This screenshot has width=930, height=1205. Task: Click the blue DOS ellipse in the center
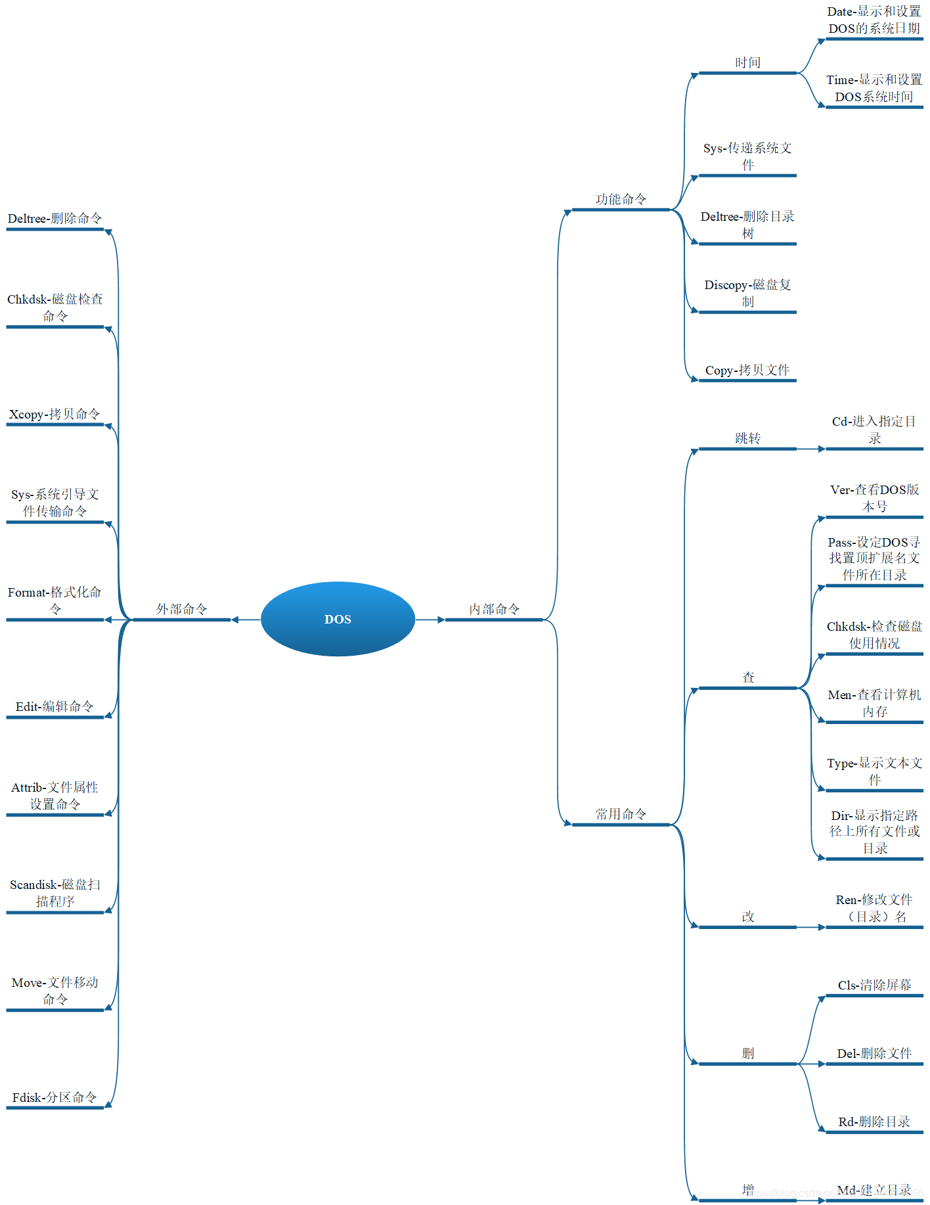click(x=338, y=619)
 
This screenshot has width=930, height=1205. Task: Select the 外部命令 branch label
click(x=182, y=610)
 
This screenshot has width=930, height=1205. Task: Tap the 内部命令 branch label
click(x=494, y=610)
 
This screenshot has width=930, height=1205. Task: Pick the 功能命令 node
click(x=621, y=200)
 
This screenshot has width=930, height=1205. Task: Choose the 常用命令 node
click(x=621, y=815)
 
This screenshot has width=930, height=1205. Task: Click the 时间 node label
click(x=747, y=63)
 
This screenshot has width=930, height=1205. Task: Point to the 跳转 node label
click(x=747, y=439)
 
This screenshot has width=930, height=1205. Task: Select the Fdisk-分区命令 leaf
click(x=55, y=1098)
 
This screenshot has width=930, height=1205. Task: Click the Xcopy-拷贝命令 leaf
click(x=55, y=415)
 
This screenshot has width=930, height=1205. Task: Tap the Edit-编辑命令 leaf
click(x=55, y=707)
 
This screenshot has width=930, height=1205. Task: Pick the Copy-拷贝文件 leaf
click(x=747, y=371)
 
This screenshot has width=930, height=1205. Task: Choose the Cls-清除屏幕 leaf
click(x=874, y=986)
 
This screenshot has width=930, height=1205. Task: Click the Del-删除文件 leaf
click(x=874, y=1054)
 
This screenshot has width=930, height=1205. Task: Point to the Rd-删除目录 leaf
click(x=874, y=1122)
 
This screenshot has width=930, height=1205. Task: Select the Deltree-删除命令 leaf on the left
click(x=55, y=219)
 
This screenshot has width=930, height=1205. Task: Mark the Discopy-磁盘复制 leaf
click(x=747, y=293)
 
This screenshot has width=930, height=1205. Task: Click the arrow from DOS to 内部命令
click(x=430, y=620)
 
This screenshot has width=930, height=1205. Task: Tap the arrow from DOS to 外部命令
click(x=246, y=620)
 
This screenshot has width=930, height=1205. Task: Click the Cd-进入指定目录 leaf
click(x=874, y=430)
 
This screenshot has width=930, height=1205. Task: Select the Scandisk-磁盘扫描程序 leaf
click(x=55, y=893)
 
